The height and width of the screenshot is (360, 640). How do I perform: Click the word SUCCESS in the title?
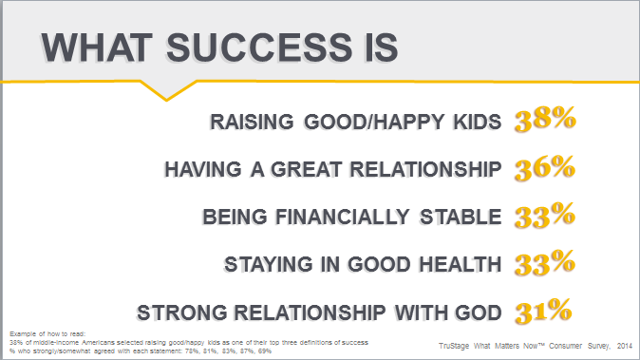259,47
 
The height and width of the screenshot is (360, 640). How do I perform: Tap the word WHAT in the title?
97,47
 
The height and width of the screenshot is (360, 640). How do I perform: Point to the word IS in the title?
382,47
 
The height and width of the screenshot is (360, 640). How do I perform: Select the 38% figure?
545,119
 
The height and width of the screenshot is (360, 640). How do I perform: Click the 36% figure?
545,167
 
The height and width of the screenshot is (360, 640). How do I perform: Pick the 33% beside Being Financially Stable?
545,215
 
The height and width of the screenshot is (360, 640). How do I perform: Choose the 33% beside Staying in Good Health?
545,262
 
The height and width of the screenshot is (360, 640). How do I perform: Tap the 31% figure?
543,311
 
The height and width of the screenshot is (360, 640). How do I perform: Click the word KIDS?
478,122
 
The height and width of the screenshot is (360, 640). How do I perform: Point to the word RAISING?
252,122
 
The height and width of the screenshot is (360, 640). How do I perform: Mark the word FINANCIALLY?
343,217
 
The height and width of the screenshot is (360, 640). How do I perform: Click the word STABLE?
461,217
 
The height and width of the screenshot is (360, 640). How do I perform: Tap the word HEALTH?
461,264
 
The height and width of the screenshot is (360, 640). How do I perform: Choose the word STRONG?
181,313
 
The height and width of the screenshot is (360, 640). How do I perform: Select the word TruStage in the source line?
454,346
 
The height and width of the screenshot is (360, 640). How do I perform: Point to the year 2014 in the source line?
625,346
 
